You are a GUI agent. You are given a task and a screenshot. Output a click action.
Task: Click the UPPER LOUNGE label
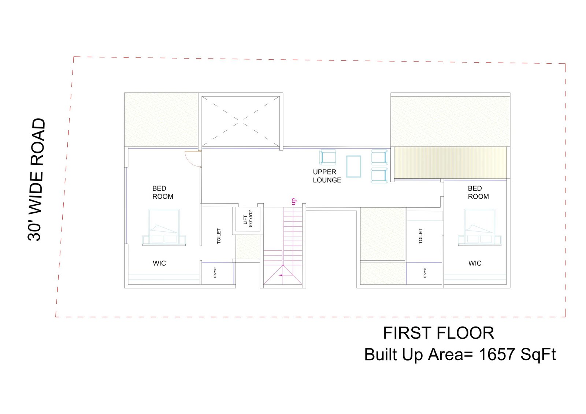coord(327,176)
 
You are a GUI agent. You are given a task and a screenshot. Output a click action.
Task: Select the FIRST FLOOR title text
coord(439,333)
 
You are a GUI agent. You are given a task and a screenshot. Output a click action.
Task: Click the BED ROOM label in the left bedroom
coord(163,193)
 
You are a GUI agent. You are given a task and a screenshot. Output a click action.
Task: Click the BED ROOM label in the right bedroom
coord(478,193)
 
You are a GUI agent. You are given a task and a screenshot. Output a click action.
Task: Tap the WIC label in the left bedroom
coord(159,263)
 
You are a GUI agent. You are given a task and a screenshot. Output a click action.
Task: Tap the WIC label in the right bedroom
coord(475,263)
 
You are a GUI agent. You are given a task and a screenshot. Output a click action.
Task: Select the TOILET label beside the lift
coord(219,236)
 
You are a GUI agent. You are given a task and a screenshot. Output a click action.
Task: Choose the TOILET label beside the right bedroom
coord(421,236)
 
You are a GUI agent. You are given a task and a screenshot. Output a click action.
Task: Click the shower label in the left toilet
coord(215,272)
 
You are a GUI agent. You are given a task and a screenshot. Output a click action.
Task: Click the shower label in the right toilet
coord(424,272)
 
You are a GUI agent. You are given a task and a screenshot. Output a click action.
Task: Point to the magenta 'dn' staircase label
coord(293,201)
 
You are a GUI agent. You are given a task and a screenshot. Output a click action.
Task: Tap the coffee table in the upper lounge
coord(354,167)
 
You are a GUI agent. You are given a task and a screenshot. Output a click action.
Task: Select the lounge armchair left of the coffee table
coord(327,157)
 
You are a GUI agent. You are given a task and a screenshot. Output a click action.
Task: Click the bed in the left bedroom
coord(164,227)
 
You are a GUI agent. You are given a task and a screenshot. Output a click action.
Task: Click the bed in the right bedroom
coord(479,227)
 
